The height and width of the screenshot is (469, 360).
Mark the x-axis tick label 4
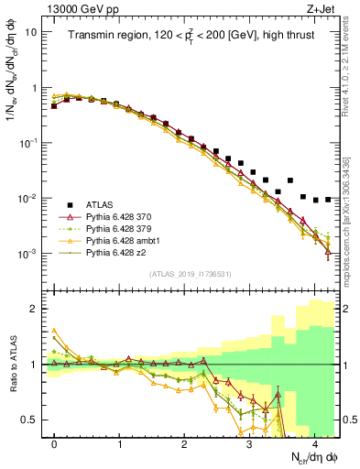click(313, 444)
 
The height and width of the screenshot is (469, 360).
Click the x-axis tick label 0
click(55, 444)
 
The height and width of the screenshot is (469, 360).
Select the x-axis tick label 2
click(184, 444)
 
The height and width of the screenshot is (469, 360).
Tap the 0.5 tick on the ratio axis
click(32, 420)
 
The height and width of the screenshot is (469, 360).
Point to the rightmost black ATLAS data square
click(328, 199)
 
